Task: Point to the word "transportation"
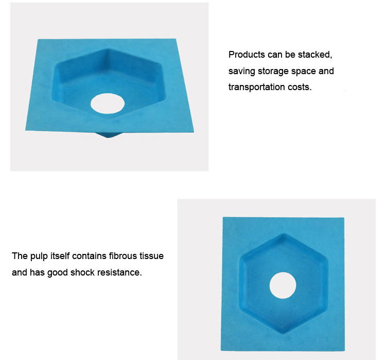[x=257, y=87]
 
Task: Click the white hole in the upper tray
[x=108, y=104]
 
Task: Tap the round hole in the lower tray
[x=283, y=285]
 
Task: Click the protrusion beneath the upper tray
[x=108, y=135]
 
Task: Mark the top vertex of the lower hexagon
[x=284, y=234]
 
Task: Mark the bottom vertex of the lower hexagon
[x=284, y=334]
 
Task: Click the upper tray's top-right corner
[x=176, y=39]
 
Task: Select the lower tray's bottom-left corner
[x=221, y=350]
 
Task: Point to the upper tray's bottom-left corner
[x=25, y=130]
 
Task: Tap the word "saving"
[x=241, y=71]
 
